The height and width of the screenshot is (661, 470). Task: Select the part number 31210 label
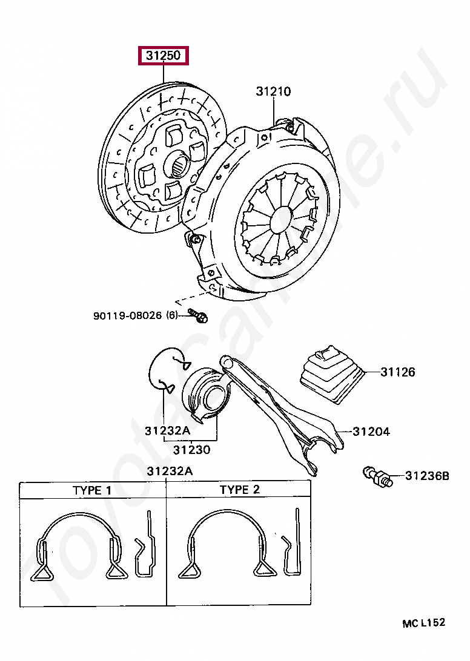click(273, 92)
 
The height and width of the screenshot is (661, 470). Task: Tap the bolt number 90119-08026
click(127, 315)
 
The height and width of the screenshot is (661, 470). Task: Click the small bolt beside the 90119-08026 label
click(197, 315)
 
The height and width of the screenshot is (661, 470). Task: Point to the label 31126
click(398, 372)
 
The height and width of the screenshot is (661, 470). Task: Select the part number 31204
click(371, 432)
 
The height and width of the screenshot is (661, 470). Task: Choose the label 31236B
click(427, 476)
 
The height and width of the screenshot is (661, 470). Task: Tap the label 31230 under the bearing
click(191, 450)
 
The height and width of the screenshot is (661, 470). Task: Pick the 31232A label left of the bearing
click(167, 431)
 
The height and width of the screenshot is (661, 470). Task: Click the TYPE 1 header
click(92, 490)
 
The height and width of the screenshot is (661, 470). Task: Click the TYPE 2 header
click(239, 489)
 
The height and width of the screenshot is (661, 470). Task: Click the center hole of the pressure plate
click(280, 219)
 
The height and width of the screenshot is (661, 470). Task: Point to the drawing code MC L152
click(423, 622)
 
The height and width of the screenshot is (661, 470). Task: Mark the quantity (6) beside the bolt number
click(172, 315)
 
